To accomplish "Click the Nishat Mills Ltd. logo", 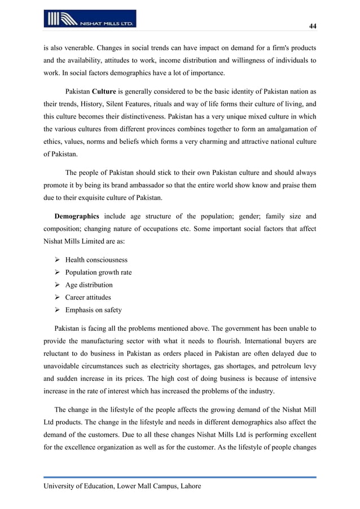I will point(90,19).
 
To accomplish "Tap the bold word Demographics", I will point(77,216).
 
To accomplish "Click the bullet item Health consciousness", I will point(96,260).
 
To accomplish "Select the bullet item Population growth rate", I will point(98,273).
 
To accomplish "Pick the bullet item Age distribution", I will point(89,285).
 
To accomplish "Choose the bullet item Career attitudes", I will point(88,297).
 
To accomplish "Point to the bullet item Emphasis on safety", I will point(93,310).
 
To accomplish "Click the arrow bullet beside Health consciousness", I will point(57,260).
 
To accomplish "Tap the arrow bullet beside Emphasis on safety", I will point(57,310).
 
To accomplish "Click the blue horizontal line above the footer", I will point(180,477).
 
